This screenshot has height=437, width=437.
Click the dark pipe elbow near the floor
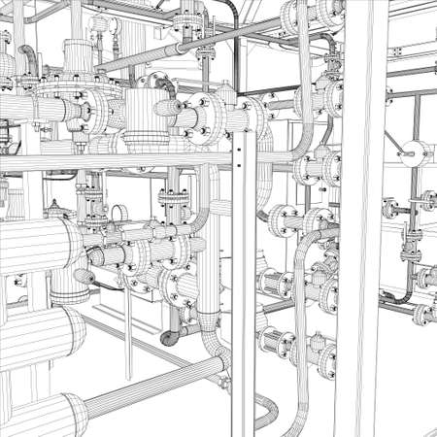[171, 336]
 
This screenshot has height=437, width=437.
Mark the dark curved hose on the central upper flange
[170, 83]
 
